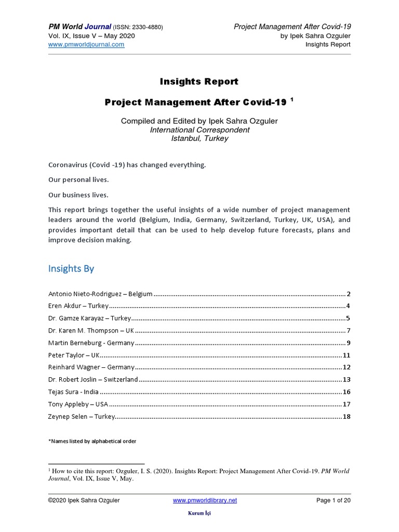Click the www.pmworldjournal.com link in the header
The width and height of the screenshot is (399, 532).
pos(86,45)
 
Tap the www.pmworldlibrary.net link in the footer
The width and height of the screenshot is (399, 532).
pos(205,500)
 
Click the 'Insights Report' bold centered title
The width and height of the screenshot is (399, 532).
pos(199,81)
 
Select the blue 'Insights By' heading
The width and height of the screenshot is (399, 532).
pos(71,269)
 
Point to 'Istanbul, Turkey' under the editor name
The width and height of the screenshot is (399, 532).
pos(199,139)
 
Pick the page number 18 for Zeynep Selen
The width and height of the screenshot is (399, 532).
pos(346,417)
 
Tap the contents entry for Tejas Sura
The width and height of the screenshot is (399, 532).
pos(73,392)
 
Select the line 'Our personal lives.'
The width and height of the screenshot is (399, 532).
pos(78,179)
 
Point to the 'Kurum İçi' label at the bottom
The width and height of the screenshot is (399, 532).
pos(199,513)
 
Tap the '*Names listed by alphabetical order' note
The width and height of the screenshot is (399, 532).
pos(92,441)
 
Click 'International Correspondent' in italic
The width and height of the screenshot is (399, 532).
pos(199,130)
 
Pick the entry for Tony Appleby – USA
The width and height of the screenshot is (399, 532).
pos(78,404)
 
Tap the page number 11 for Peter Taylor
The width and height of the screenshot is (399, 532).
pos(346,355)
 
